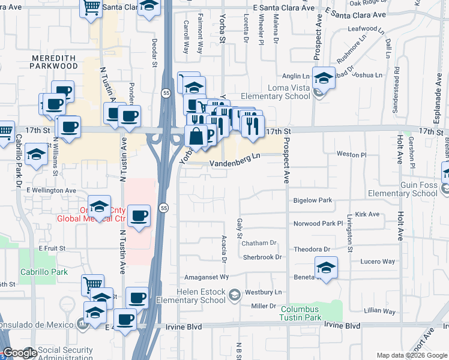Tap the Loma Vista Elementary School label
(276, 92)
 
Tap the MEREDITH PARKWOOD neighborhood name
(54, 61)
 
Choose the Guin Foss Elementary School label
(403, 188)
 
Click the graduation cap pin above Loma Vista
(324, 79)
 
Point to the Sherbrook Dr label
(262, 257)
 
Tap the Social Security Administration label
(65, 354)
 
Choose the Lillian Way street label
(379, 311)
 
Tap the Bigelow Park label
(312, 200)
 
